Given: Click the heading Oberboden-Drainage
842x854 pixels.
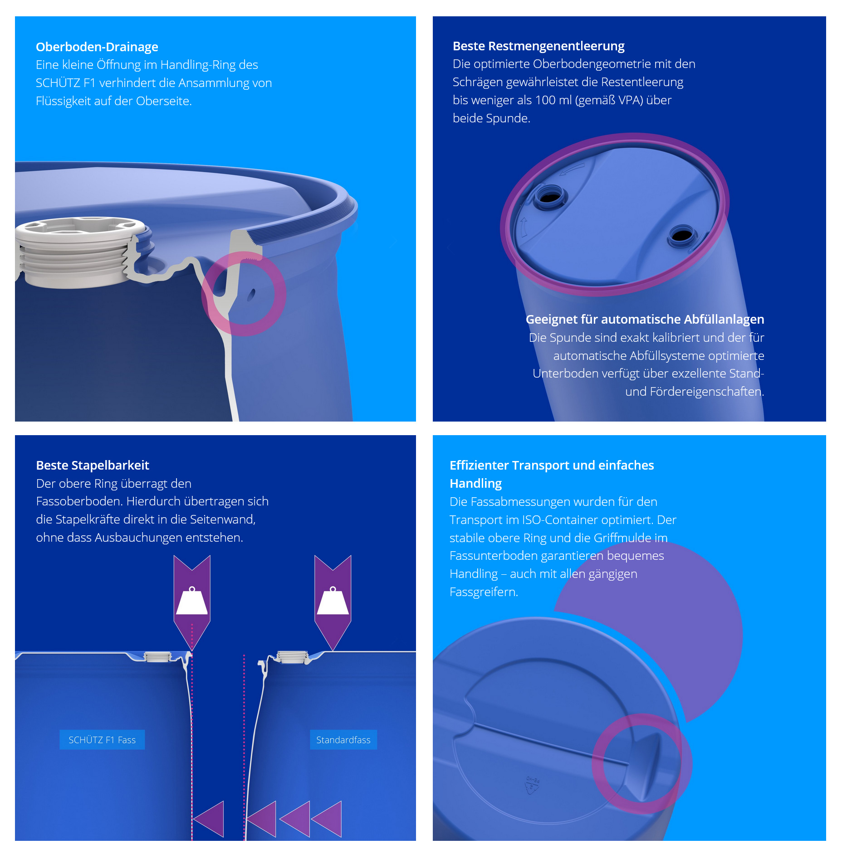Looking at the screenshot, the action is [x=97, y=47].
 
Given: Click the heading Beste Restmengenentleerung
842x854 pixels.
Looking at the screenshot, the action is [x=538, y=46].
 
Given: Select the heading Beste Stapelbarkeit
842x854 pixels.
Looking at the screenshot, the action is [x=93, y=465].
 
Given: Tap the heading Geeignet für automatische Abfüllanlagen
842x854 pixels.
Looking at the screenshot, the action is [x=645, y=319].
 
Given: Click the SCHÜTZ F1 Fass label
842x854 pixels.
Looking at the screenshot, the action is [x=102, y=740].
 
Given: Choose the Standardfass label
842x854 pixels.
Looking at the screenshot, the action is [x=343, y=740].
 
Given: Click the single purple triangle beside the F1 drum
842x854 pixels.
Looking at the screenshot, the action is [x=209, y=819].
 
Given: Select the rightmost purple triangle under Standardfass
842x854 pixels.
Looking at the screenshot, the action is [x=327, y=819].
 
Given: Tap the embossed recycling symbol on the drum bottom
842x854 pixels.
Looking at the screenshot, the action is [x=533, y=786].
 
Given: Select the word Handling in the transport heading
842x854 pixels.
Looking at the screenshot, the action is [x=475, y=484].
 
